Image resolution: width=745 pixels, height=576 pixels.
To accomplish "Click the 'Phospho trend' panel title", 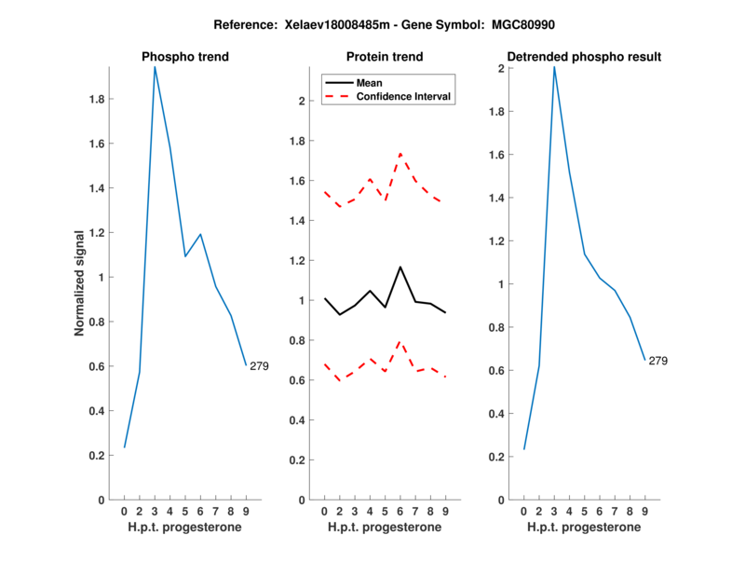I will tap(184, 57).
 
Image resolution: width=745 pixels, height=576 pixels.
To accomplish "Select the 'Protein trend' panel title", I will tap(385, 57).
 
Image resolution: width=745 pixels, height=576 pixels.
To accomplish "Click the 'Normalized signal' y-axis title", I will tap(82, 283).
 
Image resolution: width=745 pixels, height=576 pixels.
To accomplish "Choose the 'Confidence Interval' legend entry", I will tap(403, 96).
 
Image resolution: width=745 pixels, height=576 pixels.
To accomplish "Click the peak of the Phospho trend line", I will tap(155, 67).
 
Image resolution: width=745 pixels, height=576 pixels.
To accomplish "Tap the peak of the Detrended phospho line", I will tap(554, 67).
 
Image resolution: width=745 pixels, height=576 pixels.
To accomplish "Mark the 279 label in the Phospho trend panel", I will tap(259, 366).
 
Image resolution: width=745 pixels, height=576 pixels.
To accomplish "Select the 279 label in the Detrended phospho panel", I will tap(657, 361).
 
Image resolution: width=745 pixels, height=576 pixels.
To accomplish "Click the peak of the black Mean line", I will tap(400, 267).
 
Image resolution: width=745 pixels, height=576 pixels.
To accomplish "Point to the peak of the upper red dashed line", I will tap(400, 154).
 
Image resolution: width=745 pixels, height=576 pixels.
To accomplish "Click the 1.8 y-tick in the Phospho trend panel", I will tap(95, 99).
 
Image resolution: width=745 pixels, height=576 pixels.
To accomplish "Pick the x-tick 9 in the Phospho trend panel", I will tap(246, 511).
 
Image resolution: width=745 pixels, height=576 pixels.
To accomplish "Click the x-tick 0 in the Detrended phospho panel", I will tap(523, 511).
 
